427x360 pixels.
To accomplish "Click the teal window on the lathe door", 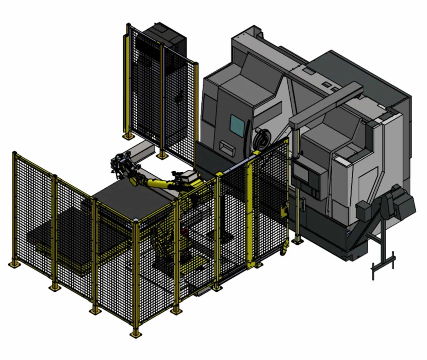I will (x=237, y=124).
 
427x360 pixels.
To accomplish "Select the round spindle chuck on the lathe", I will (x=261, y=139).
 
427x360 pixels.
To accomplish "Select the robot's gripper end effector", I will (x=121, y=165).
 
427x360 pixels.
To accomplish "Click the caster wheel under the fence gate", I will (x=284, y=251).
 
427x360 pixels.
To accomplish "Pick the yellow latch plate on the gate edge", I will (x=284, y=212).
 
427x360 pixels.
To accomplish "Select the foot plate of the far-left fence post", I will (x=14, y=264).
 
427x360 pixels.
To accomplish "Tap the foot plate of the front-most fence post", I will (x=135, y=333).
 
